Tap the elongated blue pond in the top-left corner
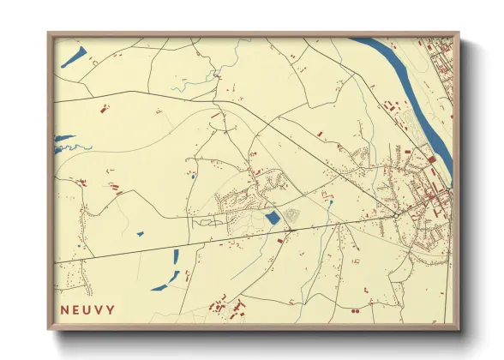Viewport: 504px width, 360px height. point(75,57)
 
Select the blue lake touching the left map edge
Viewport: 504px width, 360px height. point(63,137)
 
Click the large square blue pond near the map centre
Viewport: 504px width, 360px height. point(273,218)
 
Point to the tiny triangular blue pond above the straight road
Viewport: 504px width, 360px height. point(140,233)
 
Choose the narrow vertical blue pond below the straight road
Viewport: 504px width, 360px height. point(176,255)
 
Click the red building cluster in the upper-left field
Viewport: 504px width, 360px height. point(104,109)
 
